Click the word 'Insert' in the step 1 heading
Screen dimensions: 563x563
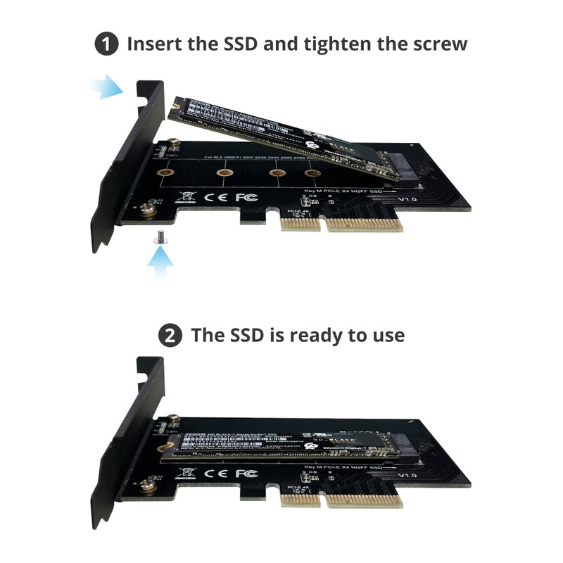click(155, 44)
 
